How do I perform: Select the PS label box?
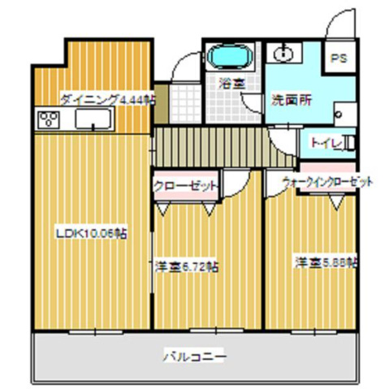click(338, 58)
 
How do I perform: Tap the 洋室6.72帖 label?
click(190, 266)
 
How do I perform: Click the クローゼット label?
click(186, 185)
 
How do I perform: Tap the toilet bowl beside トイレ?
click(349, 145)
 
